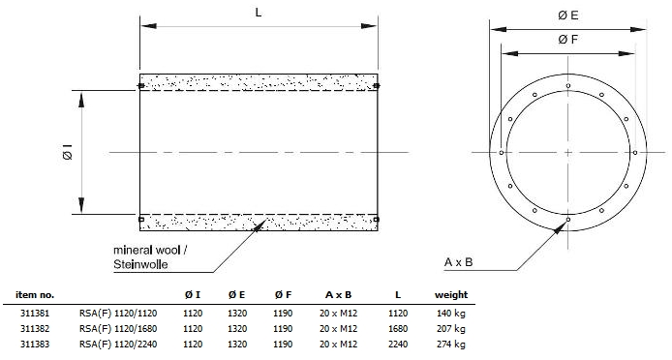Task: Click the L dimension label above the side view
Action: tap(258, 13)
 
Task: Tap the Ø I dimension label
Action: tap(68, 152)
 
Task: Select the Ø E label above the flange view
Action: tap(568, 15)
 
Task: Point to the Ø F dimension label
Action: tap(568, 40)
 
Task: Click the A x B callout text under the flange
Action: tap(459, 262)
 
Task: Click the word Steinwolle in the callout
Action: tap(140, 264)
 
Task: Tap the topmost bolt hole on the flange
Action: tap(568, 86)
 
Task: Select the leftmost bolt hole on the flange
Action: tap(502, 153)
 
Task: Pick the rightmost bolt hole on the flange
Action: tap(635, 153)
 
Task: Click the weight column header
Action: tap(451, 295)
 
